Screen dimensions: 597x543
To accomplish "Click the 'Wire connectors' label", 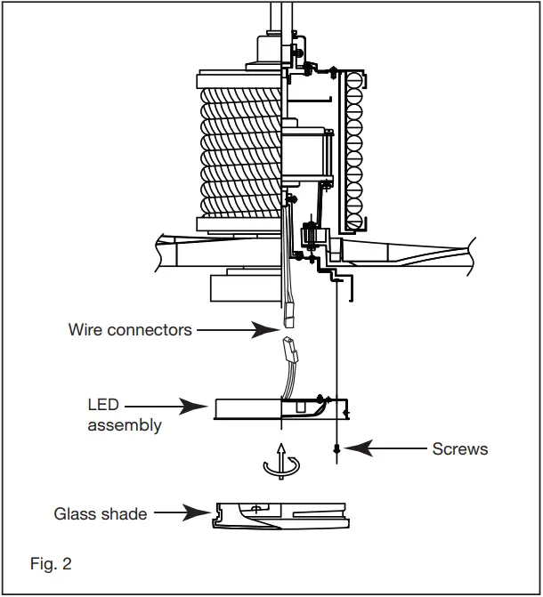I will point(130,330).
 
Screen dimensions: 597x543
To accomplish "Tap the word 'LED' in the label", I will point(102,406).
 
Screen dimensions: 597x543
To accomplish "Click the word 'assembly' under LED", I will point(125,425).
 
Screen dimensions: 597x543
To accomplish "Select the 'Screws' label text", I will point(460,449).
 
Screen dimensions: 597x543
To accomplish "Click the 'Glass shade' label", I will point(101,513).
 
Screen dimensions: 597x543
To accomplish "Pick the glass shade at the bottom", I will point(280,516).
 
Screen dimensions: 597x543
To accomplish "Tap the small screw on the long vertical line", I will point(336,448).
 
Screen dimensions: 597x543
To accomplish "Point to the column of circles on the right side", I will point(353,147).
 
